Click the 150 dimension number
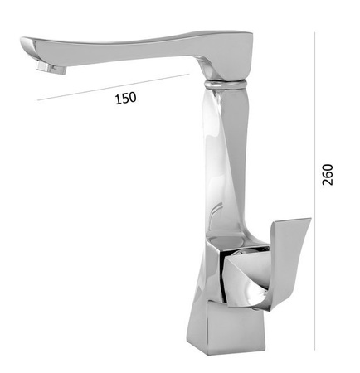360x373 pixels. click(125, 98)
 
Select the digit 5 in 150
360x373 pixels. click(125, 98)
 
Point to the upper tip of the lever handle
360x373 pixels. click(308, 221)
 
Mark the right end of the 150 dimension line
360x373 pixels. click(189, 75)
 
